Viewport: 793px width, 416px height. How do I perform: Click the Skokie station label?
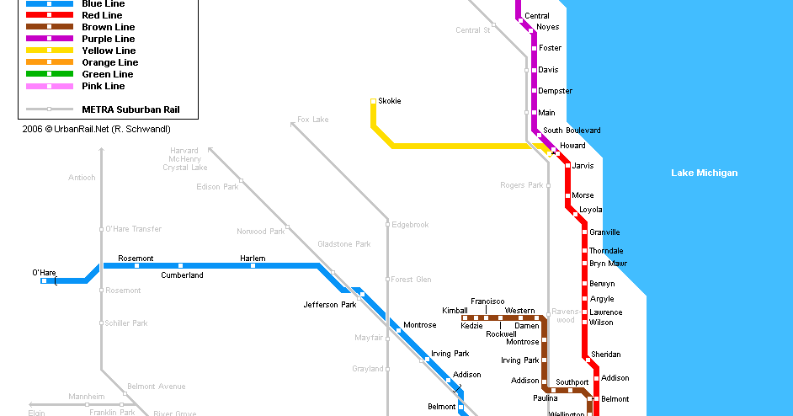[x=390, y=101]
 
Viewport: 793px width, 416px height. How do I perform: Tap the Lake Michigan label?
[x=704, y=173]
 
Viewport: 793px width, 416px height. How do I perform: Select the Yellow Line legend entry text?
[x=109, y=51]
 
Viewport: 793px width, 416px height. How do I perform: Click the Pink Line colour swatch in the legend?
[x=49, y=86]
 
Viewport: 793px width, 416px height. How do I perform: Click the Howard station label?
[x=573, y=146]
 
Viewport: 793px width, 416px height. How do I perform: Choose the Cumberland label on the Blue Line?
[x=182, y=275]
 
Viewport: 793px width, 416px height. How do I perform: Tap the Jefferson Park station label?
[x=330, y=305]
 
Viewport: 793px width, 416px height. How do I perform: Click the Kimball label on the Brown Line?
[x=455, y=311]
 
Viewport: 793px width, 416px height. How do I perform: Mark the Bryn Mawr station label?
[x=608, y=264]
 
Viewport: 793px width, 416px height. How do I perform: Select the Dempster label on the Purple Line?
[x=555, y=91]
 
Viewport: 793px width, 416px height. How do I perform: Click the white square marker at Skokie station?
[x=373, y=102]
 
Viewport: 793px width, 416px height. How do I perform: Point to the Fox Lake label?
[x=313, y=120]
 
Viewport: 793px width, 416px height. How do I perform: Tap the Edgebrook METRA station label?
[x=411, y=225]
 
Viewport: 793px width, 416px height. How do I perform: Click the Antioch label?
[x=82, y=178]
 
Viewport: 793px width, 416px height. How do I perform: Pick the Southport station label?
[x=572, y=382]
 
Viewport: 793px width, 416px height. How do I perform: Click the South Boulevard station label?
[x=572, y=131]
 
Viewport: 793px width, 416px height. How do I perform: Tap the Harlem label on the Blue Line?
[x=253, y=259]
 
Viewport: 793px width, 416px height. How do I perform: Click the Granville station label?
[x=604, y=232]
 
